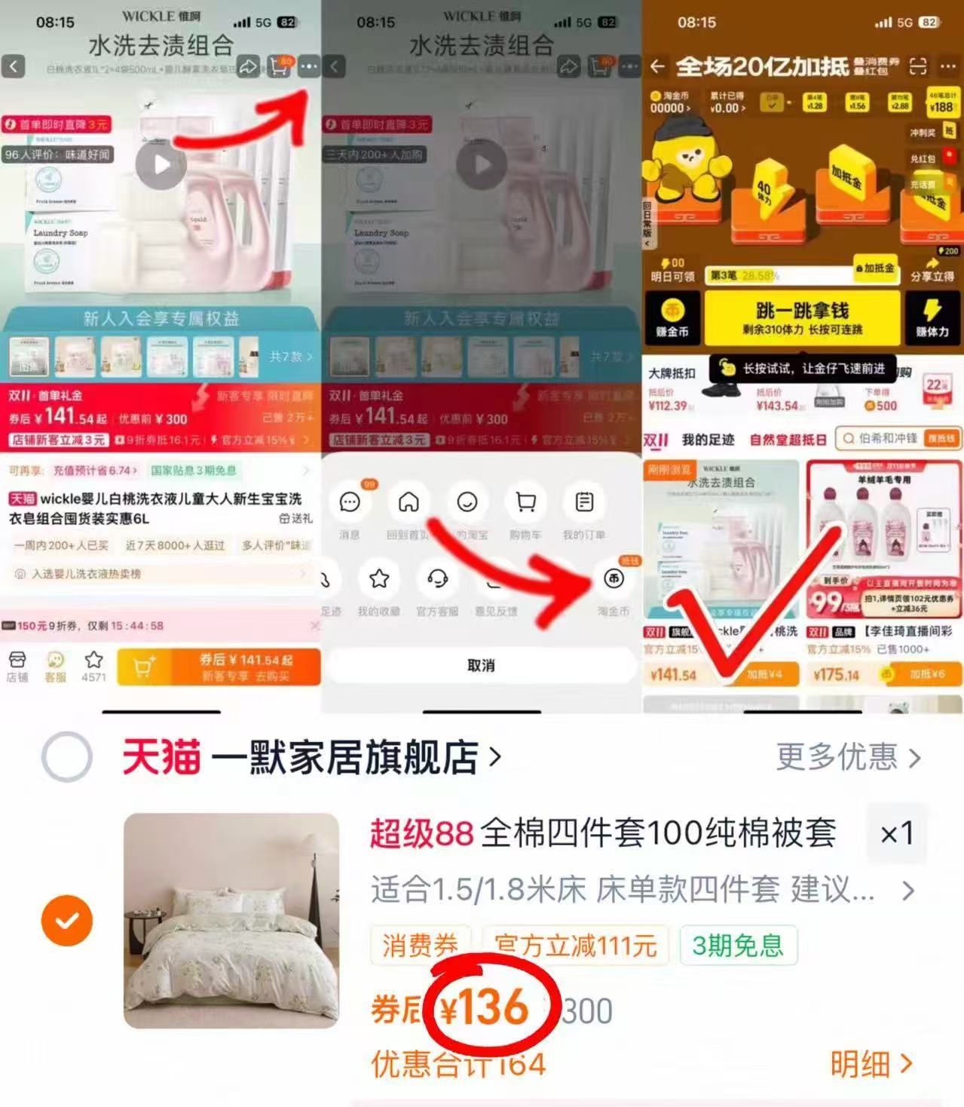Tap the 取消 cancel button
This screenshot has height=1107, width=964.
click(x=481, y=665)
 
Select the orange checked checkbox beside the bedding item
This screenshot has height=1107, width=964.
click(x=67, y=921)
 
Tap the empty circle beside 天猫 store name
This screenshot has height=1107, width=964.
click(x=67, y=757)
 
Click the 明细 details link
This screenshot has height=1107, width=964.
click(x=871, y=1063)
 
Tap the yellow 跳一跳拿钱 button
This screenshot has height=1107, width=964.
click(x=802, y=317)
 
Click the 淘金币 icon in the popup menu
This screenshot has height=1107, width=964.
click(x=614, y=579)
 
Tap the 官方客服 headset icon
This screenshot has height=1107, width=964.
click(x=437, y=579)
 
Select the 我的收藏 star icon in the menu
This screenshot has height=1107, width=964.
click(x=378, y=579)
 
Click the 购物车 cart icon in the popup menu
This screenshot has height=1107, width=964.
click(x=525, y=502)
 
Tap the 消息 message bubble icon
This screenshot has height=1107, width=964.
click(x=350, y=502)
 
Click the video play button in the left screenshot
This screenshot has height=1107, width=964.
click(x=161, y=164)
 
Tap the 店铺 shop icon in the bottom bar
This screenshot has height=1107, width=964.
click(x=17, y=665)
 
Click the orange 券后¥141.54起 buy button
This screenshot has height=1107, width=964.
click(x=246, y=667)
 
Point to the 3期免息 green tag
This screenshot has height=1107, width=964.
click(x=738, y=945)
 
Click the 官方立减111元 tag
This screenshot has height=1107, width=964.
click(x=575, y=945)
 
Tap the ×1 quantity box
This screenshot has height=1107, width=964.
click(x=897, y=833)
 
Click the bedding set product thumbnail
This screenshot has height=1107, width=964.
click(x=231, y=920)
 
